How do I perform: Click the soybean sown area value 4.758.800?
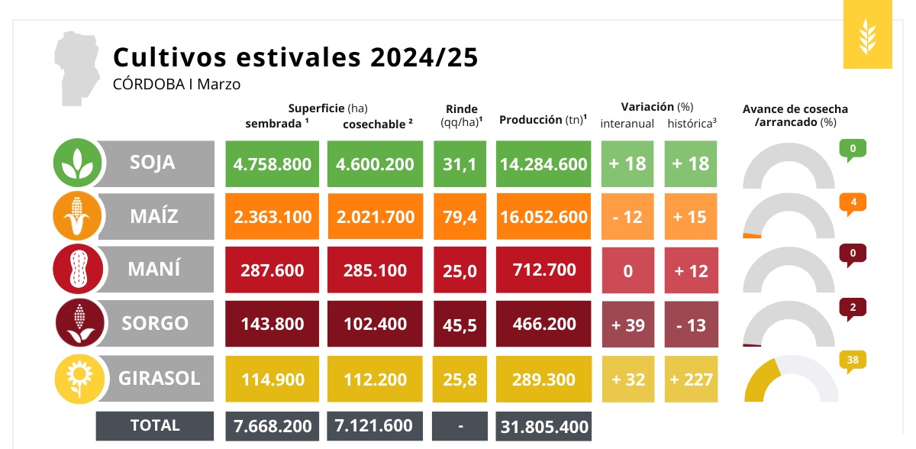tap(273, 163)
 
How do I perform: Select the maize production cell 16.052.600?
tap(543, 217)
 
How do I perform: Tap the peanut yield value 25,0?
tap(460, 271)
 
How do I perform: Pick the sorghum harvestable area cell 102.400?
tap(375, 324)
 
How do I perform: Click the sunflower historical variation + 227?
tap(692, 379)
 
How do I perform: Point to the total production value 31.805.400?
tap(543, 426)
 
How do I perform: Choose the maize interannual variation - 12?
tap(628, 217)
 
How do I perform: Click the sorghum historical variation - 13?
tap(692, 325)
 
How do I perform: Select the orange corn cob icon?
tap(76, 217)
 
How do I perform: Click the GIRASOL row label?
tap(159, 378)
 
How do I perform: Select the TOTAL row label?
tap(155, 425)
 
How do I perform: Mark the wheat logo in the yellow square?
tap(867, 37)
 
